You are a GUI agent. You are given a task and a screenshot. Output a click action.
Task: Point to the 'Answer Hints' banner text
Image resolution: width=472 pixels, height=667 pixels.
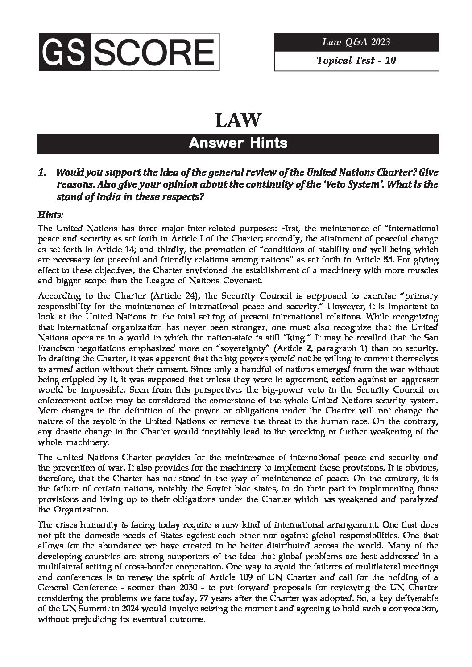(x=238, y=143)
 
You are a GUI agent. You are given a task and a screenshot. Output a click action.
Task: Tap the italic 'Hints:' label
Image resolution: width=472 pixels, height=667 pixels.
(x=50, y=215)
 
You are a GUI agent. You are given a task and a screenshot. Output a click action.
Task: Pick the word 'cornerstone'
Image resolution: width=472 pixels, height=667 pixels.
(x=251, y=400)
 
